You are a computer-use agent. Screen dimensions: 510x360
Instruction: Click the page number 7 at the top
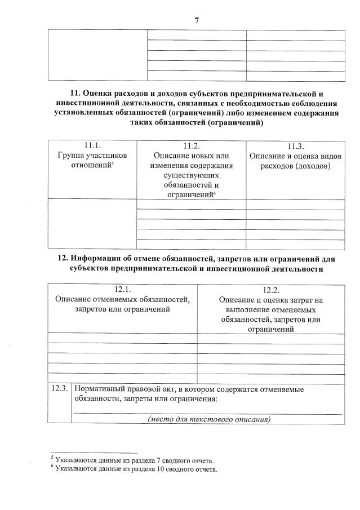pos(197,21)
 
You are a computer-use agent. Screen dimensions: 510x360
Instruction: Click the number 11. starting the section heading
pos(75,92)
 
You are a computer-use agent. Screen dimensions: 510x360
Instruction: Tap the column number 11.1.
pos(92,145)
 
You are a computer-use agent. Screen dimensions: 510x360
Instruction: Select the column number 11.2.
pos(192,145)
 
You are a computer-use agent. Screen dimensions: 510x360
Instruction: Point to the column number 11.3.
pos(296,146)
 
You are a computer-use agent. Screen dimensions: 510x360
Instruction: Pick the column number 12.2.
pos(272,289)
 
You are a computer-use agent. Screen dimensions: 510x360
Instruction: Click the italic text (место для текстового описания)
pos(209,419)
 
